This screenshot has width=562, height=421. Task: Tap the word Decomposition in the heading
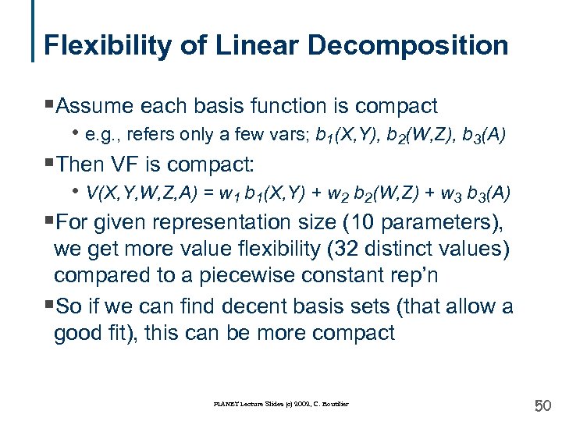(407, 45)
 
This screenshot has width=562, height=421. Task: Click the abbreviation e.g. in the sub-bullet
(101, 134)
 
